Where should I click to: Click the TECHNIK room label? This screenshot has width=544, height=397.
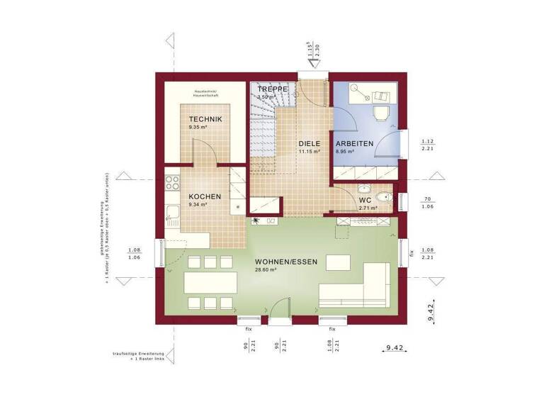[205, 119]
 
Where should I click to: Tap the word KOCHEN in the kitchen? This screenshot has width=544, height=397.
[205, 196]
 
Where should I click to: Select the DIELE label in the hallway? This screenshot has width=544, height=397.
[310, 143]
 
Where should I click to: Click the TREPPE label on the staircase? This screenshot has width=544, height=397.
[272, 89]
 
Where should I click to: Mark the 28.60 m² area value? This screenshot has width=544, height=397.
[265, 270]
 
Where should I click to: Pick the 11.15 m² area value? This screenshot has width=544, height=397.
[309, 151]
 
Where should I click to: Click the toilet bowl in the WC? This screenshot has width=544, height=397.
[383, 198]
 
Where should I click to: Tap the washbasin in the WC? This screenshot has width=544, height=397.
[363, 189]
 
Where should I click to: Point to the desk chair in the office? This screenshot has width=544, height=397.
[377, 113]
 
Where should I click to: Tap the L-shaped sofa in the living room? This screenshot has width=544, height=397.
[361, 287]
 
